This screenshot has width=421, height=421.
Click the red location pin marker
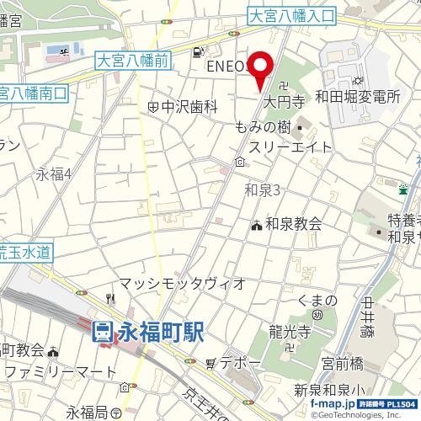(261, 67)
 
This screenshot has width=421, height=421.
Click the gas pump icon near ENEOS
(197, 51)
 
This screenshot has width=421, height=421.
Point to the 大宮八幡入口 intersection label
(292, 15)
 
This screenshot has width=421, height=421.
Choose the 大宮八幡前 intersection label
(132, 60)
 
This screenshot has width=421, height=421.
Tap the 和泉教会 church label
(293, 224)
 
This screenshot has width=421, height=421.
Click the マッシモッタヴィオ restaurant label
(182, 283)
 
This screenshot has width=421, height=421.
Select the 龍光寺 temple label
(295, 328)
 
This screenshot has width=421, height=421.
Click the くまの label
(318, 301)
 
